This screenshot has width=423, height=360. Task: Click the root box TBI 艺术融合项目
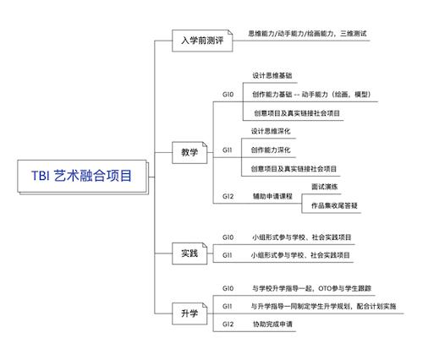pyautogui.click(x=83, y=177)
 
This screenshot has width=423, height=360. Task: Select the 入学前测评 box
pyautogui.click(x=202, y=41)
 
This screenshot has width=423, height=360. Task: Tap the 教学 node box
pyautogui.click(x=190, y=153)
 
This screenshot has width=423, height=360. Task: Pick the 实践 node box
pyautogui.click(x=190, y=254)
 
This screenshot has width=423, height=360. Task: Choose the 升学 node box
pyautogui.click(x=190, y=314)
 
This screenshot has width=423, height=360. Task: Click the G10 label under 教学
pyautogui.click(x=228, y=95)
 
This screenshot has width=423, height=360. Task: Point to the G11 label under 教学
pyautogui.click(x=227, y=150)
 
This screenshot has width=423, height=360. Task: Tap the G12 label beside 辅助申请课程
pyautogui.click(x=228, y=196)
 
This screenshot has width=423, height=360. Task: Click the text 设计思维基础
pyautogui.click(x=272, y=75)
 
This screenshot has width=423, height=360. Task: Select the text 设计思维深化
pyautogui.click(x=271, y=131)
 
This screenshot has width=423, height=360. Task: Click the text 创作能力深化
pyautogui.click(x=271, y=150)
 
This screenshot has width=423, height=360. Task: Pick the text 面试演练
pyautogui.click(x=325, y=187)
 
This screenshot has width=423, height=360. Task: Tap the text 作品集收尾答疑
pyautogui.click(x=334, y=205)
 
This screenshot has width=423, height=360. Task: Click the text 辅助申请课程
pyautogui.click(x=272, y=196)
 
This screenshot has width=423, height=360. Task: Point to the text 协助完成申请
pyautogui.click(x=272, y=324)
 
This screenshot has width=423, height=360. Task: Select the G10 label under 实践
pyautogui.click(x=228, y=237)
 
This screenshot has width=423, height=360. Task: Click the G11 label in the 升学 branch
pyautogui.click(x=227, y=306)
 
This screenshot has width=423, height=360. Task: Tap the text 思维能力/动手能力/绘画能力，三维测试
pyautogui.click(x=307, y=34)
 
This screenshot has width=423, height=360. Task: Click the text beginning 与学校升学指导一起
pyautogui.click(x=311, y=288)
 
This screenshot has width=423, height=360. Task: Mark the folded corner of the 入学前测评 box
pyautogui.click(x=230, y=32)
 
